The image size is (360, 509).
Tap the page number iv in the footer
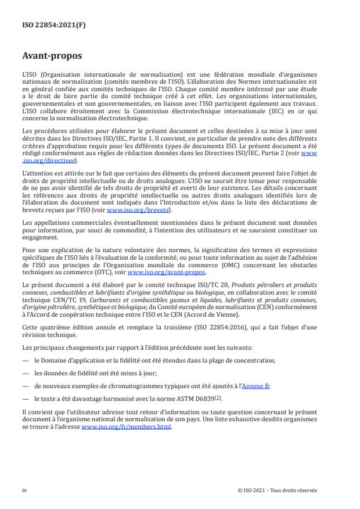[24, 490]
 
